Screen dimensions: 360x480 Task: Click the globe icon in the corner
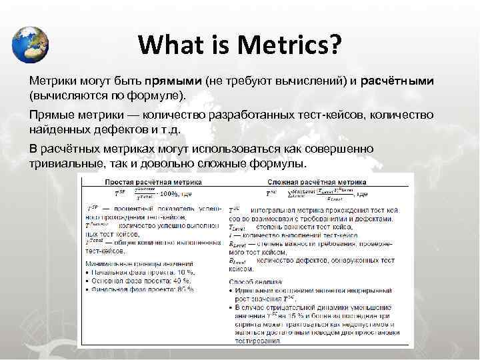[31, 44]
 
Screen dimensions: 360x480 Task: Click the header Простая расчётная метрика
[151, 181]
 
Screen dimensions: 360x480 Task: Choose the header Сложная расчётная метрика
[317, 181]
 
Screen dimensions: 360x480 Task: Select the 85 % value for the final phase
[185, 289]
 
